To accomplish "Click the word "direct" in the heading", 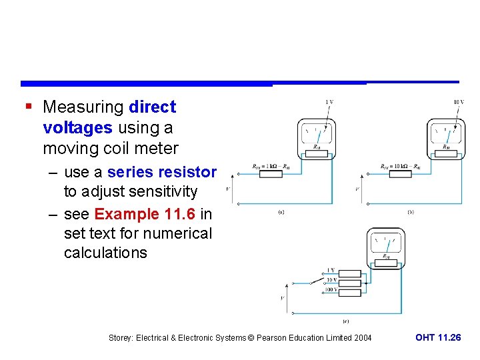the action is (x=153, y=107).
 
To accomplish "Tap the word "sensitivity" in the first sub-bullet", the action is (x=163, y=192).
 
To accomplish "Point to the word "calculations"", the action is (x=105, y=253).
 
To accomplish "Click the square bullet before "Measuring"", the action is (x=27, y=107).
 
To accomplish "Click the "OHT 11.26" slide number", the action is (x=437, y=338).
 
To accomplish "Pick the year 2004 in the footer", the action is (x=361, y=338).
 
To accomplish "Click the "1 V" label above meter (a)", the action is (x=329, y=101).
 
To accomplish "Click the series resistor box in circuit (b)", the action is (x=400, y=174).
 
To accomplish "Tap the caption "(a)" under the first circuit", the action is (x=281, y=212).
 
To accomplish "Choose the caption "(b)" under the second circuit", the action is (x=411, y=212).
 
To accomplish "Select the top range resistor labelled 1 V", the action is (x=351, y=273).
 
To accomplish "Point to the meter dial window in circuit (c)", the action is (x=385, y=243).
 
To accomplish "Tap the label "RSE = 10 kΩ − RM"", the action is (x=400, y=166).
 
